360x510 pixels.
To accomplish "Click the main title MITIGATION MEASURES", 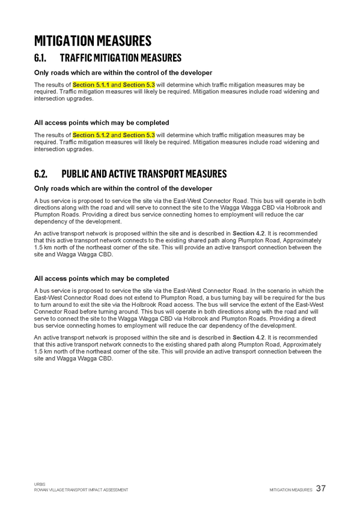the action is [x=93, y=41].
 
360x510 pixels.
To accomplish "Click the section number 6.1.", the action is [x=40, y=58].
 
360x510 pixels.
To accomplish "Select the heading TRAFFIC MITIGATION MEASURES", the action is [x=121, y=58].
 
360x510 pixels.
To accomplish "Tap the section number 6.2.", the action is [x=41, y=174].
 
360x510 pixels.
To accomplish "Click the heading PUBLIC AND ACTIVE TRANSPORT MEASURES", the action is [x=144, y=174].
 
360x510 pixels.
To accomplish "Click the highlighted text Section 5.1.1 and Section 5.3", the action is [x=114, y=85].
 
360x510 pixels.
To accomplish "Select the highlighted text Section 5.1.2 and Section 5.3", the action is [x=114, y=135].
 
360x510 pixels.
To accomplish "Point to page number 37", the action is [x=321, y=488].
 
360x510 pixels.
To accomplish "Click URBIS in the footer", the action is [x=40, y=484].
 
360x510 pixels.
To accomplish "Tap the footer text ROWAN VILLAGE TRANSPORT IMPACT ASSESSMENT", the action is [x=81, y=490].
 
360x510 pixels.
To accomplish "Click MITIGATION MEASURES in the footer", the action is [x=291, y=490].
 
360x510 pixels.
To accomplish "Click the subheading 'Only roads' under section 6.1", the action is [x=123, y=73].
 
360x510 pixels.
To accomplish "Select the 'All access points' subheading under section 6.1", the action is [x=102, y=123].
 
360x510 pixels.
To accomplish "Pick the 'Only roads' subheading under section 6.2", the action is [x=123, y=189].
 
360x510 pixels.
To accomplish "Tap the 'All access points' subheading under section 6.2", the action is [x=102, y=278].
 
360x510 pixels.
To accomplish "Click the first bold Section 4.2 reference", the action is [x=249, y=233].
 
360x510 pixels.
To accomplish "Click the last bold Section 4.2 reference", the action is [x=249, y=337].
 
